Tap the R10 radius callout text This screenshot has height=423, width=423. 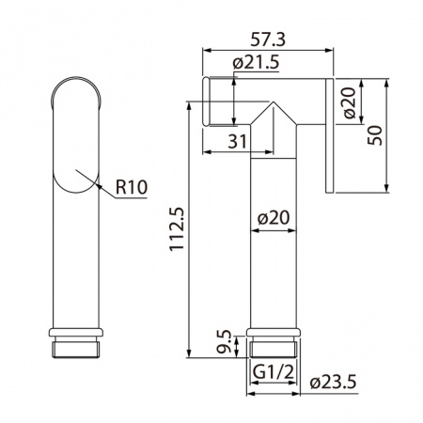(131, 187)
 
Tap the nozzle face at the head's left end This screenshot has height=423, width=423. (204, 102)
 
